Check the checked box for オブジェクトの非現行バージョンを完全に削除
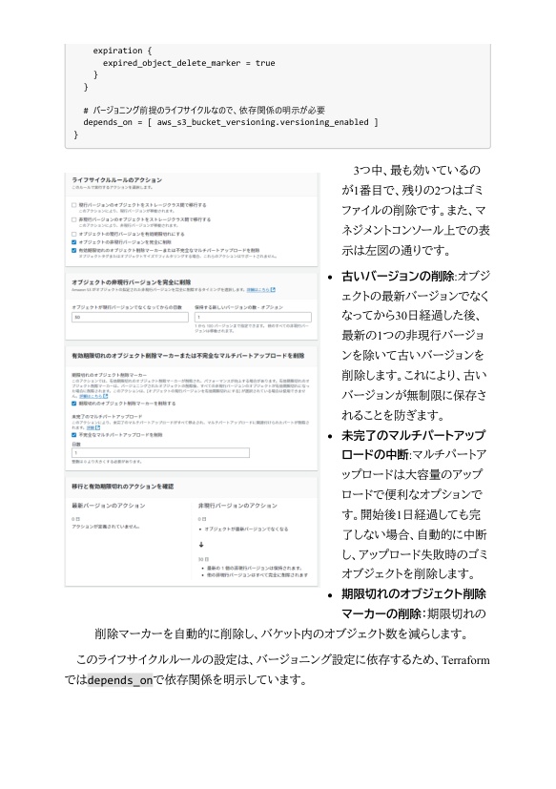click(74, 242)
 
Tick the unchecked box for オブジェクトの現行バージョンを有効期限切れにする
click(74, 233)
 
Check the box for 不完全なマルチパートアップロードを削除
click(74, 434)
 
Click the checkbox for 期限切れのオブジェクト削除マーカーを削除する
click(74, 404)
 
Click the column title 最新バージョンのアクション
click(108, 503)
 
